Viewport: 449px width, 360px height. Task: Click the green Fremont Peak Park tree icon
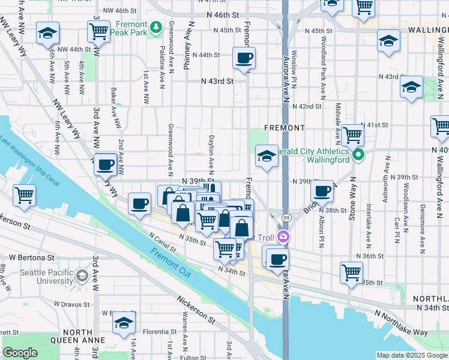156,27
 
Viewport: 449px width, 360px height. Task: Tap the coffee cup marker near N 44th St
244,59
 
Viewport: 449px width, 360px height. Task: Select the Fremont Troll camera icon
283,238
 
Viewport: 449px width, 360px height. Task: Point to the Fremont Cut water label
165,263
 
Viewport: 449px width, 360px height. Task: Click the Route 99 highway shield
287,217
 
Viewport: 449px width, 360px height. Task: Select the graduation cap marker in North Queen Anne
124,322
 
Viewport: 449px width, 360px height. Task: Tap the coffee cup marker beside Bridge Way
322,191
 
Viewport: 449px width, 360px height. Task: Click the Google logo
20,353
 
